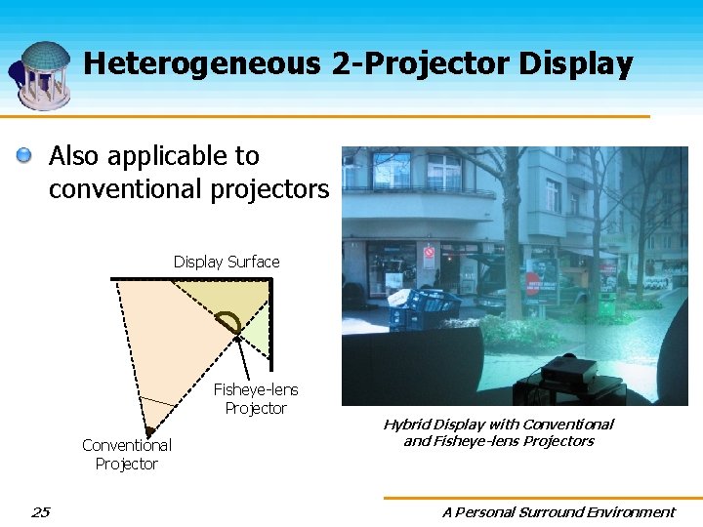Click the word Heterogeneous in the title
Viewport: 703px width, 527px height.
(201, 64)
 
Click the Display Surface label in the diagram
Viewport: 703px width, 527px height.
(227, 262)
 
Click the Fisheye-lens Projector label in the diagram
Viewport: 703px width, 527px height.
(256, 398)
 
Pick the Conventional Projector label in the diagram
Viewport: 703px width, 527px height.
(126, 454)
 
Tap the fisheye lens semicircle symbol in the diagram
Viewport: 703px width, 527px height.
(228, 323)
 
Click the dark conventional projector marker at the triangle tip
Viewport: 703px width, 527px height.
(149, 430)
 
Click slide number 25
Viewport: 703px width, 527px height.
(40, 511)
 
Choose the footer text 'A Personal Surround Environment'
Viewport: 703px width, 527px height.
(558, 511)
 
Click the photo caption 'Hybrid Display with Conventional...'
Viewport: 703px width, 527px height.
(498, 432)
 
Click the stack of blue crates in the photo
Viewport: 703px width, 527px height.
(422, 308)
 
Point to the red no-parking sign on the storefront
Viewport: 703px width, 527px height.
(429, 252)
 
